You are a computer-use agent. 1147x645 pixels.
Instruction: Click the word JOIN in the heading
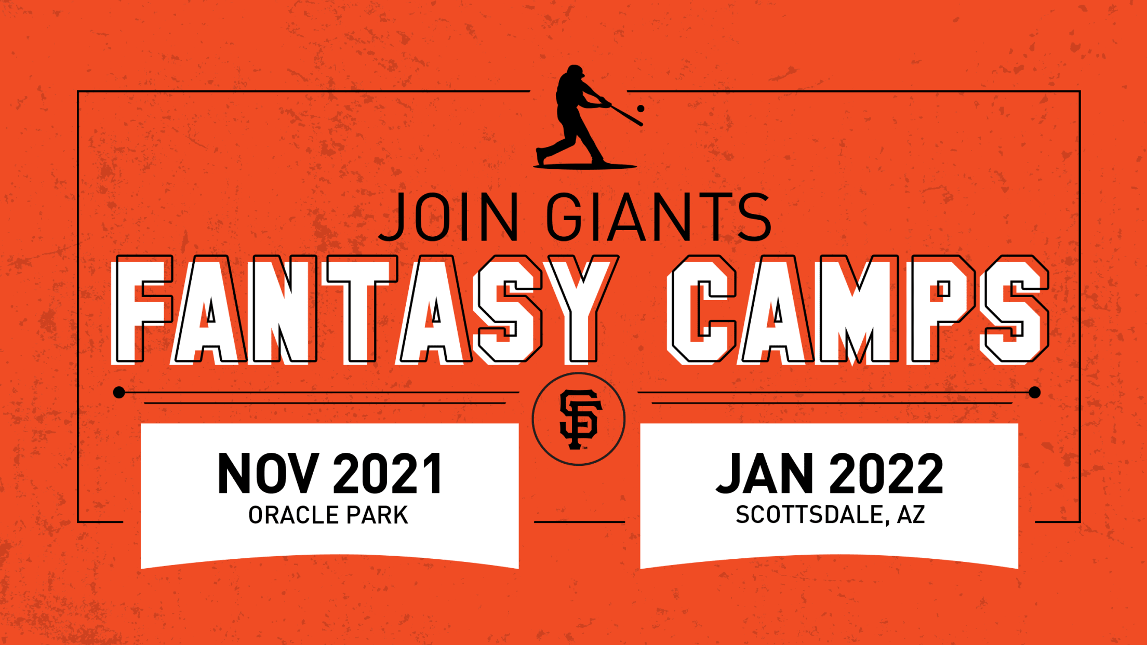(449, 217)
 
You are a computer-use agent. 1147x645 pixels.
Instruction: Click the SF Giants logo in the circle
(579, 419)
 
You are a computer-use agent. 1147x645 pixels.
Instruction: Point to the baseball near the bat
(641, 109)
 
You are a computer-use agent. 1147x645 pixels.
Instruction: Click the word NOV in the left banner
(268, 474)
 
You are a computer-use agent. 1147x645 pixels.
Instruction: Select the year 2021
(388, 474)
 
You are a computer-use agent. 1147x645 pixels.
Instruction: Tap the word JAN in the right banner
(765, 474)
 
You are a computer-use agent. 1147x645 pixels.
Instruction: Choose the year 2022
(886, 474)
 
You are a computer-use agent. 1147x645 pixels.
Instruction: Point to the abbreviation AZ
(911, 515)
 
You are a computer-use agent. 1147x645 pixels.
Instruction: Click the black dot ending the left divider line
(119, 393)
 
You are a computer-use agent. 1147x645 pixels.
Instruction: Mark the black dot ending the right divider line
(1035, 393)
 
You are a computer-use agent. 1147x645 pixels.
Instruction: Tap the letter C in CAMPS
(702, 310)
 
